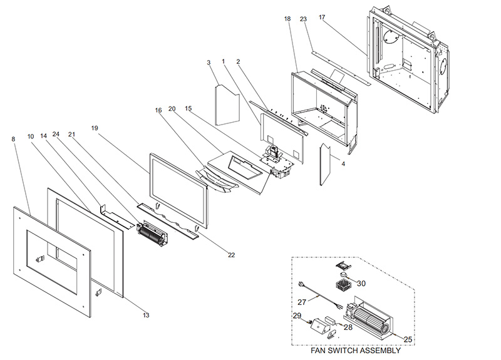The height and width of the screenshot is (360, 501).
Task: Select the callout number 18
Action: [x=287, y=19]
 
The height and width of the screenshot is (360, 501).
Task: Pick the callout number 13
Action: [x=146, y=315]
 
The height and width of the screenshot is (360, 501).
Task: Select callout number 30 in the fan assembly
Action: [x=361, y=283]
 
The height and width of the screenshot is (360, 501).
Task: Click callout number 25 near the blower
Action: [x=407, y=339]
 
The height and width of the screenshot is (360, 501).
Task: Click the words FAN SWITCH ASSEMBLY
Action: [x=355, y=351]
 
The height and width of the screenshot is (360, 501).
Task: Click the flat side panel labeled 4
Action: [x=326, y=163]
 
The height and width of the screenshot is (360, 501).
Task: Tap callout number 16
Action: [x=158, y=111]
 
